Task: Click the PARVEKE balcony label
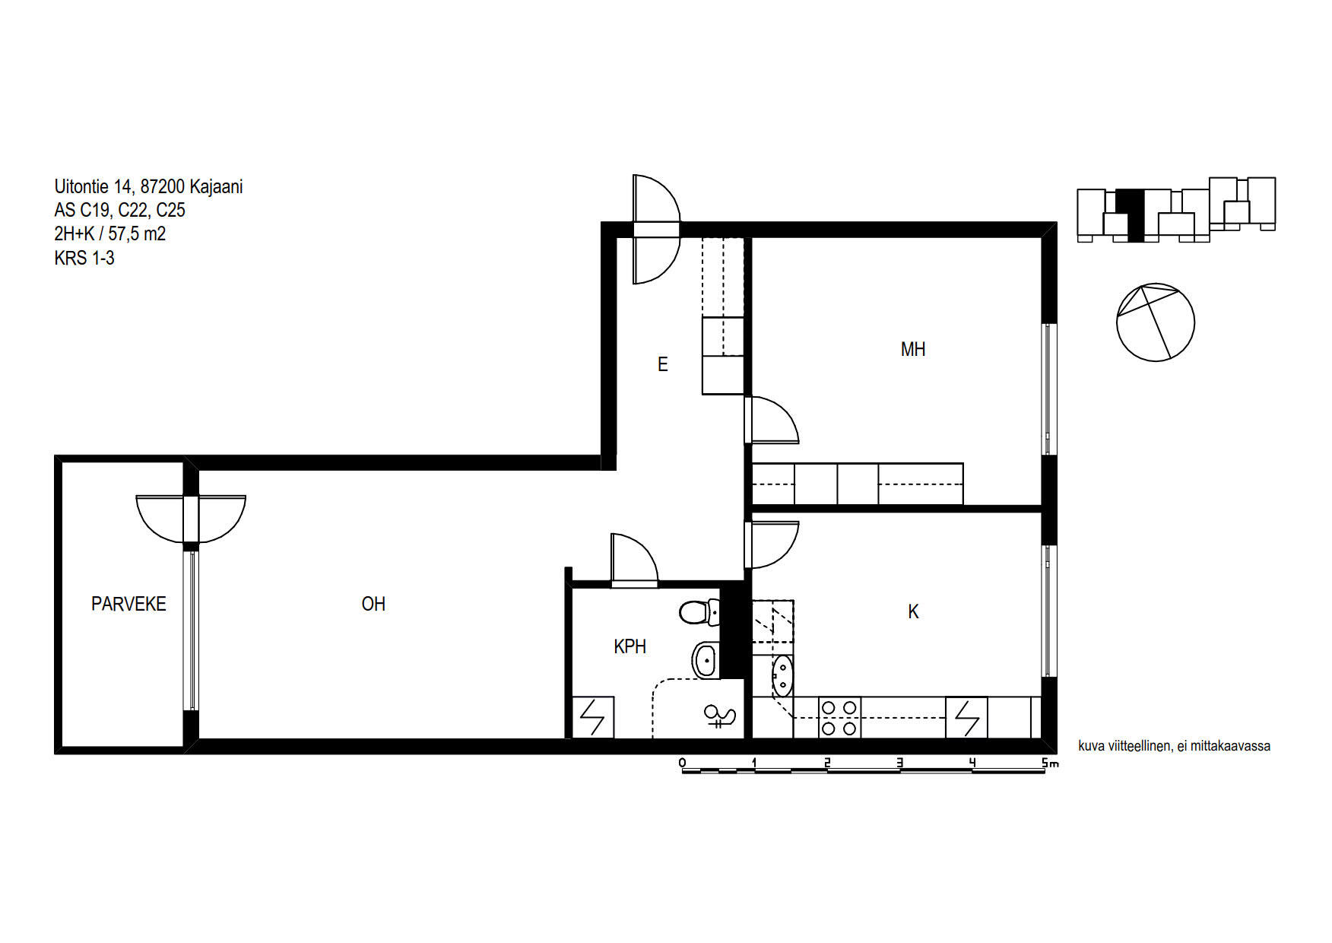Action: click(128, 604)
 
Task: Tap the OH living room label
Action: click(373, 604)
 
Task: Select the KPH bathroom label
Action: click(630, 646)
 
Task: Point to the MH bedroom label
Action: click(913, 349)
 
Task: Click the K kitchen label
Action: click(913, 611)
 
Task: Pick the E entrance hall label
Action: click(662, 364)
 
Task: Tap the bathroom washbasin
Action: click(706, 660)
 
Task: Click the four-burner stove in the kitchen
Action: click(839, 718)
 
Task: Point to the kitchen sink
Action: click(782, 676)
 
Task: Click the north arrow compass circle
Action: click(1156, 322)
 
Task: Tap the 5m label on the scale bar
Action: click(1049, 763)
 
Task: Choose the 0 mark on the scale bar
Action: click(682, 762)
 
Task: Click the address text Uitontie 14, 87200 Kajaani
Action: click(148, 186)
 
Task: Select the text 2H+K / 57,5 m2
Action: click(109, 233)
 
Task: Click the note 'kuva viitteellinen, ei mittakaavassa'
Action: click(1174, 746)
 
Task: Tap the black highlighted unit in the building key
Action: click(1134, 215)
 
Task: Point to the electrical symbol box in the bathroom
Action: click(592, 717)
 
